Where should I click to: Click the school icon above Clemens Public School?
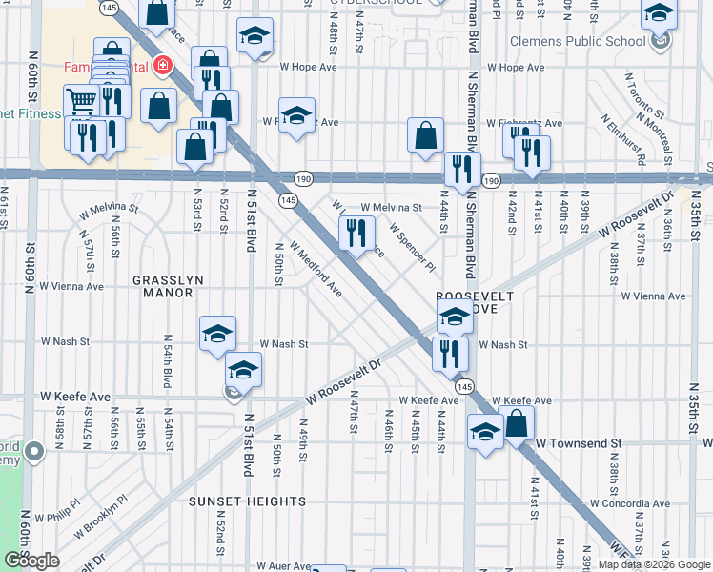coord(659,14)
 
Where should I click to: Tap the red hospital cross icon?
coord(164,66)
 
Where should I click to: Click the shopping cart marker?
coord(80,99)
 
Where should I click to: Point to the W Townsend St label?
coord(578,444)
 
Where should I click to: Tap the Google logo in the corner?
coord(31,561)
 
